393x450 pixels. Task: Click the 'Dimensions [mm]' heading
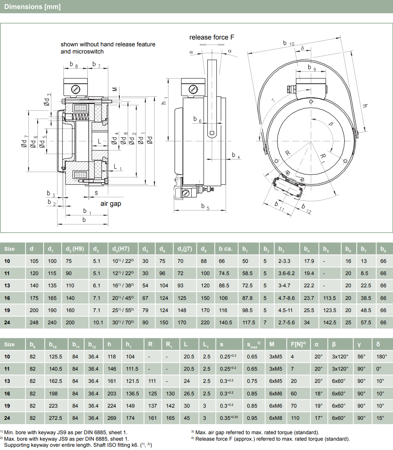pos(32,7)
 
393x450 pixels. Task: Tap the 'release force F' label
pos(212,37)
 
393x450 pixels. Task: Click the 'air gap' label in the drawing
pos(110,204)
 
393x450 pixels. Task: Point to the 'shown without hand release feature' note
pos(108,45)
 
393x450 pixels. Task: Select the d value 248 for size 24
pos(34,323)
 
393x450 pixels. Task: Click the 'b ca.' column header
pos(226,249)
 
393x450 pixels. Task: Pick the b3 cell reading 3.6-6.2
pos(286,273)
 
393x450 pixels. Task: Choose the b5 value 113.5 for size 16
pos(329,298)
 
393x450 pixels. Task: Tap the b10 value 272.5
pos(55,418)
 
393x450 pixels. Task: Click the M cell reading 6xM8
pos(276,418)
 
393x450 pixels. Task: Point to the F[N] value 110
pos(295,418)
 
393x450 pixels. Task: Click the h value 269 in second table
pos(112,418)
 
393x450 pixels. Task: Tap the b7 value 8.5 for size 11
pos(364,273)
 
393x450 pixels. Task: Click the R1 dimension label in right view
pos(323,157)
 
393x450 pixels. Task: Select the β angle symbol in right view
pos(331,124)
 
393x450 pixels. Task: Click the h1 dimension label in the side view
pos(164,101)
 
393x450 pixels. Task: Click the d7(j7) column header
pos(185,249)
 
